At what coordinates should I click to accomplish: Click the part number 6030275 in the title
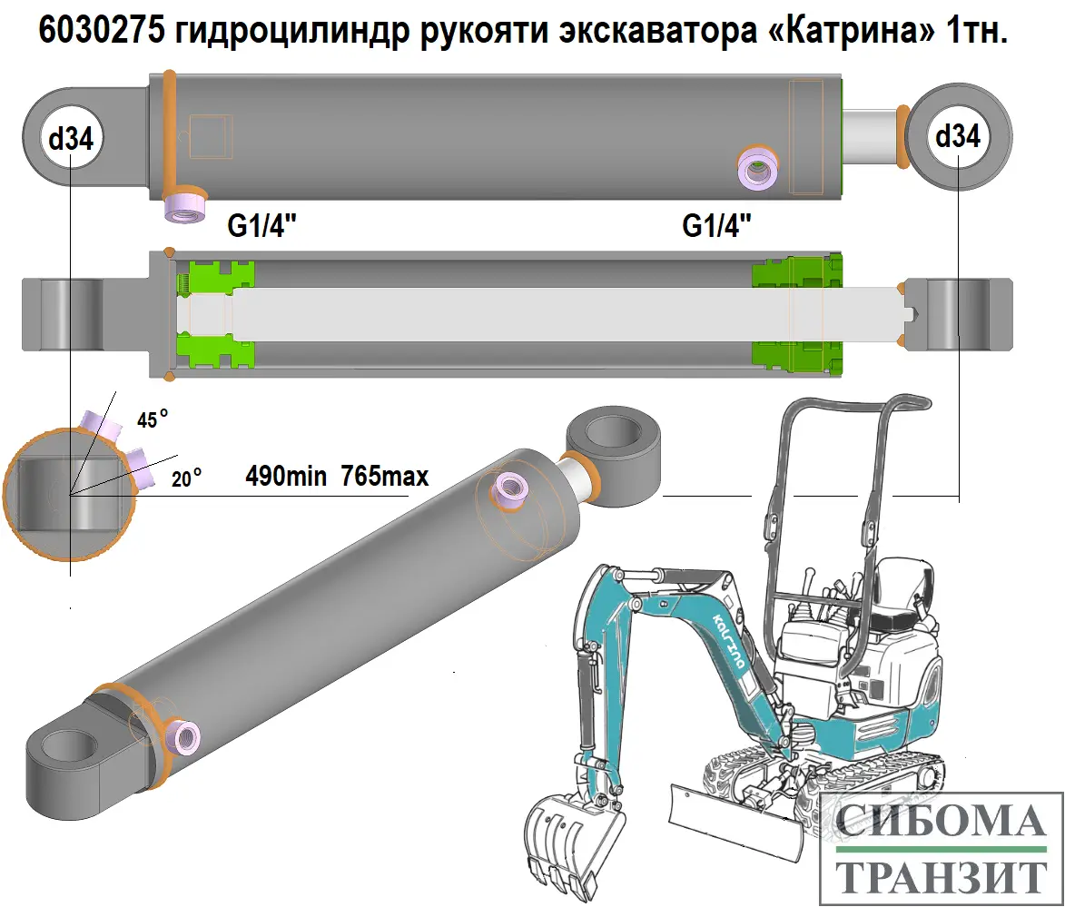(x=97, y=32)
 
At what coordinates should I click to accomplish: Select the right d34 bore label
(x=958, y=136)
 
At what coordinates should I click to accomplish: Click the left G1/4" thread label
(x=262, y=226)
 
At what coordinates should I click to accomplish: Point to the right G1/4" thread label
(x=717, y=226)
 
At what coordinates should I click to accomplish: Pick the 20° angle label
(x=186, y=478)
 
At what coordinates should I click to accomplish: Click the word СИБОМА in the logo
(x=940, y=822)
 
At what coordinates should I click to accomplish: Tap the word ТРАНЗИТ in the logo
(x=940, y=876)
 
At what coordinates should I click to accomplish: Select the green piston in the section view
(x=214, y=312)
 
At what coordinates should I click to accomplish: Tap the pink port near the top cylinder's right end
(x=757, y=167)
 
